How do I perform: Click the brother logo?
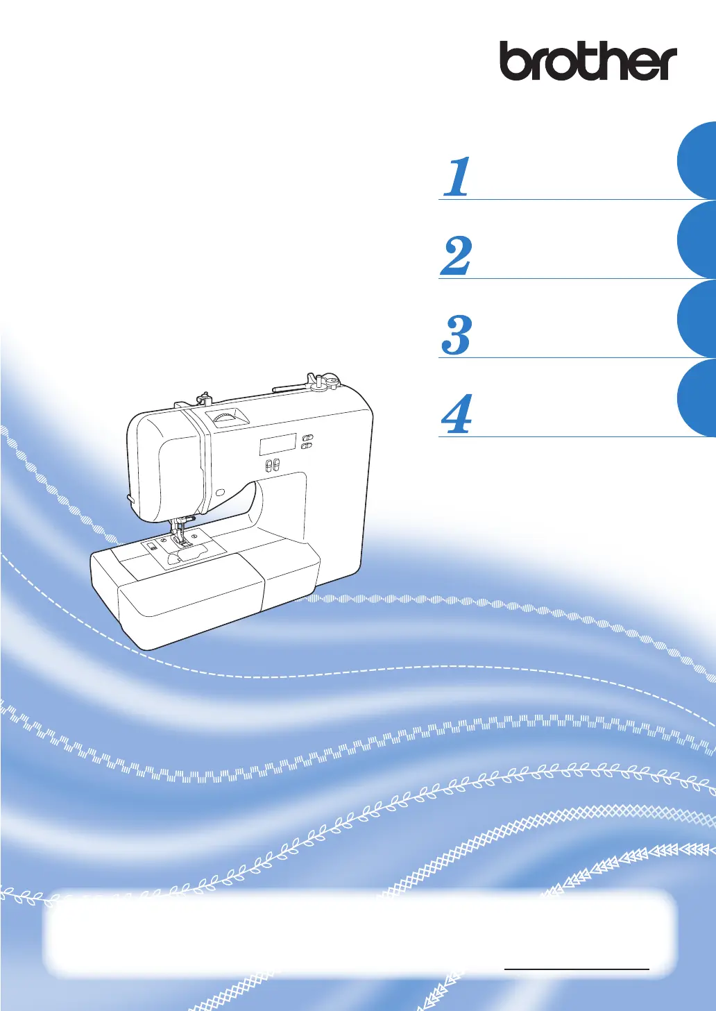pos(588,61)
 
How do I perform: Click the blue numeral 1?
pos(457,177)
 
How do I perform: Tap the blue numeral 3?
pos(456,335)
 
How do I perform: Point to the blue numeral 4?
pos(456,414)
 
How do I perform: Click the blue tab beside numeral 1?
pos(697,160)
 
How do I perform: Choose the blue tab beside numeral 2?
pos(697,239)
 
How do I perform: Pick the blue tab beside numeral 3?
pos(697,319)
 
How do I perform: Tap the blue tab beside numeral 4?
pos(697,398)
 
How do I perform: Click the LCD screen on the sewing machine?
pos(278,444)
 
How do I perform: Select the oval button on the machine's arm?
pos(220,491)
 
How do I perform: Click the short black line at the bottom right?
pos(577,969)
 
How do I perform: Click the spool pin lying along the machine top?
pos(291,386)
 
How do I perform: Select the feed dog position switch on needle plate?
pos(151,548)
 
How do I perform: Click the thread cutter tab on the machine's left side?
pos(130,498)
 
